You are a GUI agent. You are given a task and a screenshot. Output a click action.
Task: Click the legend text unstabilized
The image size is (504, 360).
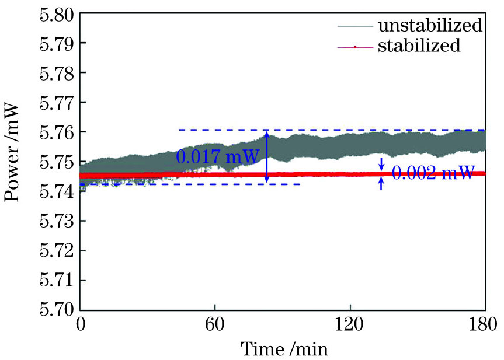430,26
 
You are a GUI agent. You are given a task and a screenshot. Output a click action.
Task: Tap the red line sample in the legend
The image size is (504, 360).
354,46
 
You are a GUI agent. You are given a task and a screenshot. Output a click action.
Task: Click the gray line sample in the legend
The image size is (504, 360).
354,26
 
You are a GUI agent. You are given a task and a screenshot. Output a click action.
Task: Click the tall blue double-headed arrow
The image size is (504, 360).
266,157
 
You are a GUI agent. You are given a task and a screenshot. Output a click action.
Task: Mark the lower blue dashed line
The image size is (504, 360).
193,184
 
